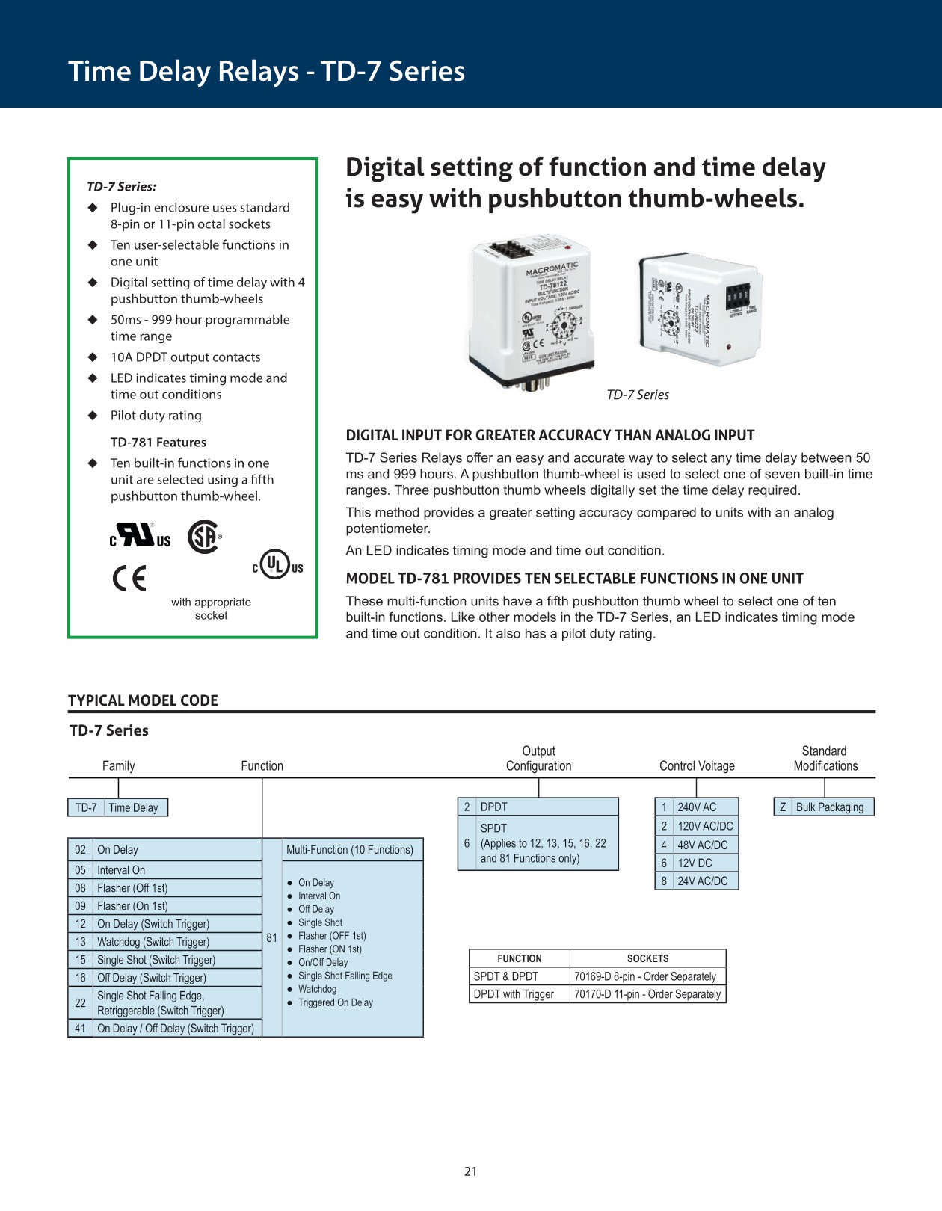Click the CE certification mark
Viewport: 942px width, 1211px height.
pos(129,579)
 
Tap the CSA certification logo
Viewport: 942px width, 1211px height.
pos(203,536)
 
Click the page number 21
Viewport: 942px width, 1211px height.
pos(470,1171)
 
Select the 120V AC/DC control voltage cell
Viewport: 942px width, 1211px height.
pos(705,826)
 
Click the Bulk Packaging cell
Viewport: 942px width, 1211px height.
pos(829,807)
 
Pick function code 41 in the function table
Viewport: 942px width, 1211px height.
pos(80,1029)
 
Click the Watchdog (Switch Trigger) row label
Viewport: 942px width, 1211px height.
pos(153,942)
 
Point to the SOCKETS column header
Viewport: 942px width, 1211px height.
pos(647,958)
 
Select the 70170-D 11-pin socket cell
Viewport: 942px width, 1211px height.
pos(647,994)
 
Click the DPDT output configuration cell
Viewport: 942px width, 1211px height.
pos(493,807)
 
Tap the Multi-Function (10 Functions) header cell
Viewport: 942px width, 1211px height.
pos(349,850)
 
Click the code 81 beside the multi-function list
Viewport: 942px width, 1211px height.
pos(271,938)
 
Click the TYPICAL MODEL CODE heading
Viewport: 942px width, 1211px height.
pos(143,700)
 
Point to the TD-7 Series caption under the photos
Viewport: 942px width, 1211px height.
pos(638,395)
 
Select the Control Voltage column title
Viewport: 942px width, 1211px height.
pos(697,765)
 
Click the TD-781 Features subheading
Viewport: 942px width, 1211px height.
pos(158,443)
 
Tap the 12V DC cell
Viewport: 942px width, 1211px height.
pos(695,863)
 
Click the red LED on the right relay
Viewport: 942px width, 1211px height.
pos(728,347)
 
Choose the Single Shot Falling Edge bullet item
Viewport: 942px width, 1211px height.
pos(345,976)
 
